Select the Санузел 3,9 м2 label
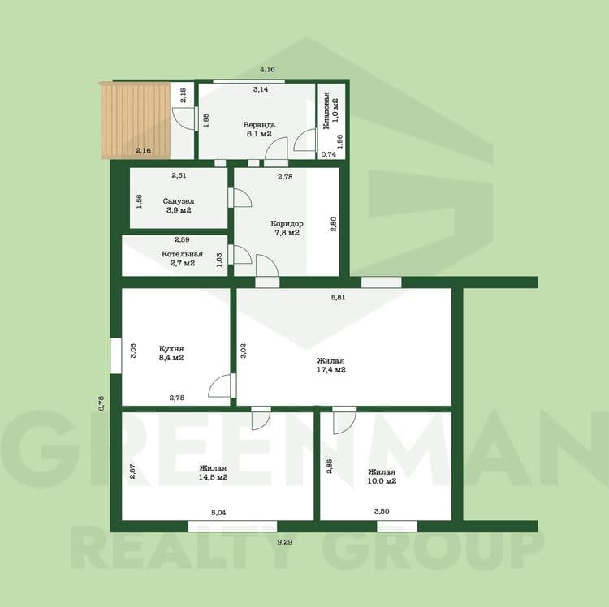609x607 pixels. pos(179,205)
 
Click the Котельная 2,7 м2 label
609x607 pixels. pos(182,259)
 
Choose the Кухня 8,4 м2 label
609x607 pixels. pos(171,353)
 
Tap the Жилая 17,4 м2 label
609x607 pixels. pos(331,365)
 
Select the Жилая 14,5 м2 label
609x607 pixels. pos(213,473)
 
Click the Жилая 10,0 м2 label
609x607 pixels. pos(382,476)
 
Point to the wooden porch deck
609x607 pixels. pos(135,120)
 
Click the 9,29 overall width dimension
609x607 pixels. pos(285,542)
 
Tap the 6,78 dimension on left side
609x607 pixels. pos(101,403)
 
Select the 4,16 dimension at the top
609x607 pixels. pos(267,70)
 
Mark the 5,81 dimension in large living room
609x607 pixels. pos(338,298)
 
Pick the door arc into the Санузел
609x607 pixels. pos(244,196)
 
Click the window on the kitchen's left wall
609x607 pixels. pos(116,355)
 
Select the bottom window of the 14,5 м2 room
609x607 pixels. pos(233,527)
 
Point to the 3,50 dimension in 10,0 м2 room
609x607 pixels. pos(382,511)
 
